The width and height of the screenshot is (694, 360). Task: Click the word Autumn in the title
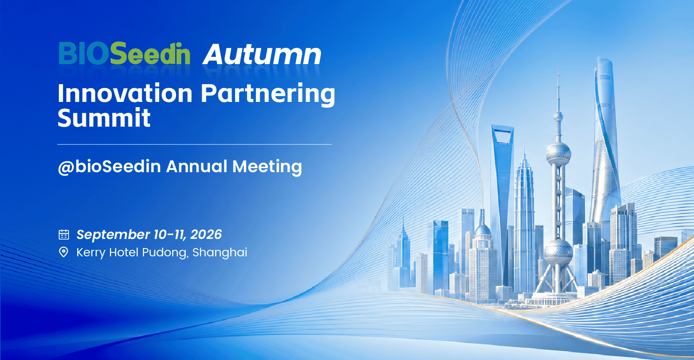[262, 55]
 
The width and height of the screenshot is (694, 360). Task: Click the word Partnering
[268, 95]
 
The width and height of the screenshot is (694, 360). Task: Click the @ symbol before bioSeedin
[65, 167]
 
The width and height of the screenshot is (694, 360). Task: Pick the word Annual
[197, 166]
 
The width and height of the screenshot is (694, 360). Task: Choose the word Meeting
[267, 167]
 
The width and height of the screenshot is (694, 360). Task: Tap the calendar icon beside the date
[64, 235]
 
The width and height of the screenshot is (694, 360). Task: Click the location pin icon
[63, 252]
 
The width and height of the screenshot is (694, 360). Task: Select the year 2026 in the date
[206, 235]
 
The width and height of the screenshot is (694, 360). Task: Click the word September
[113, 235]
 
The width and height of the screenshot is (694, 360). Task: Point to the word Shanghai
[219, 252]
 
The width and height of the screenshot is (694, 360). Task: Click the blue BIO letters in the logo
[84, 53]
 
